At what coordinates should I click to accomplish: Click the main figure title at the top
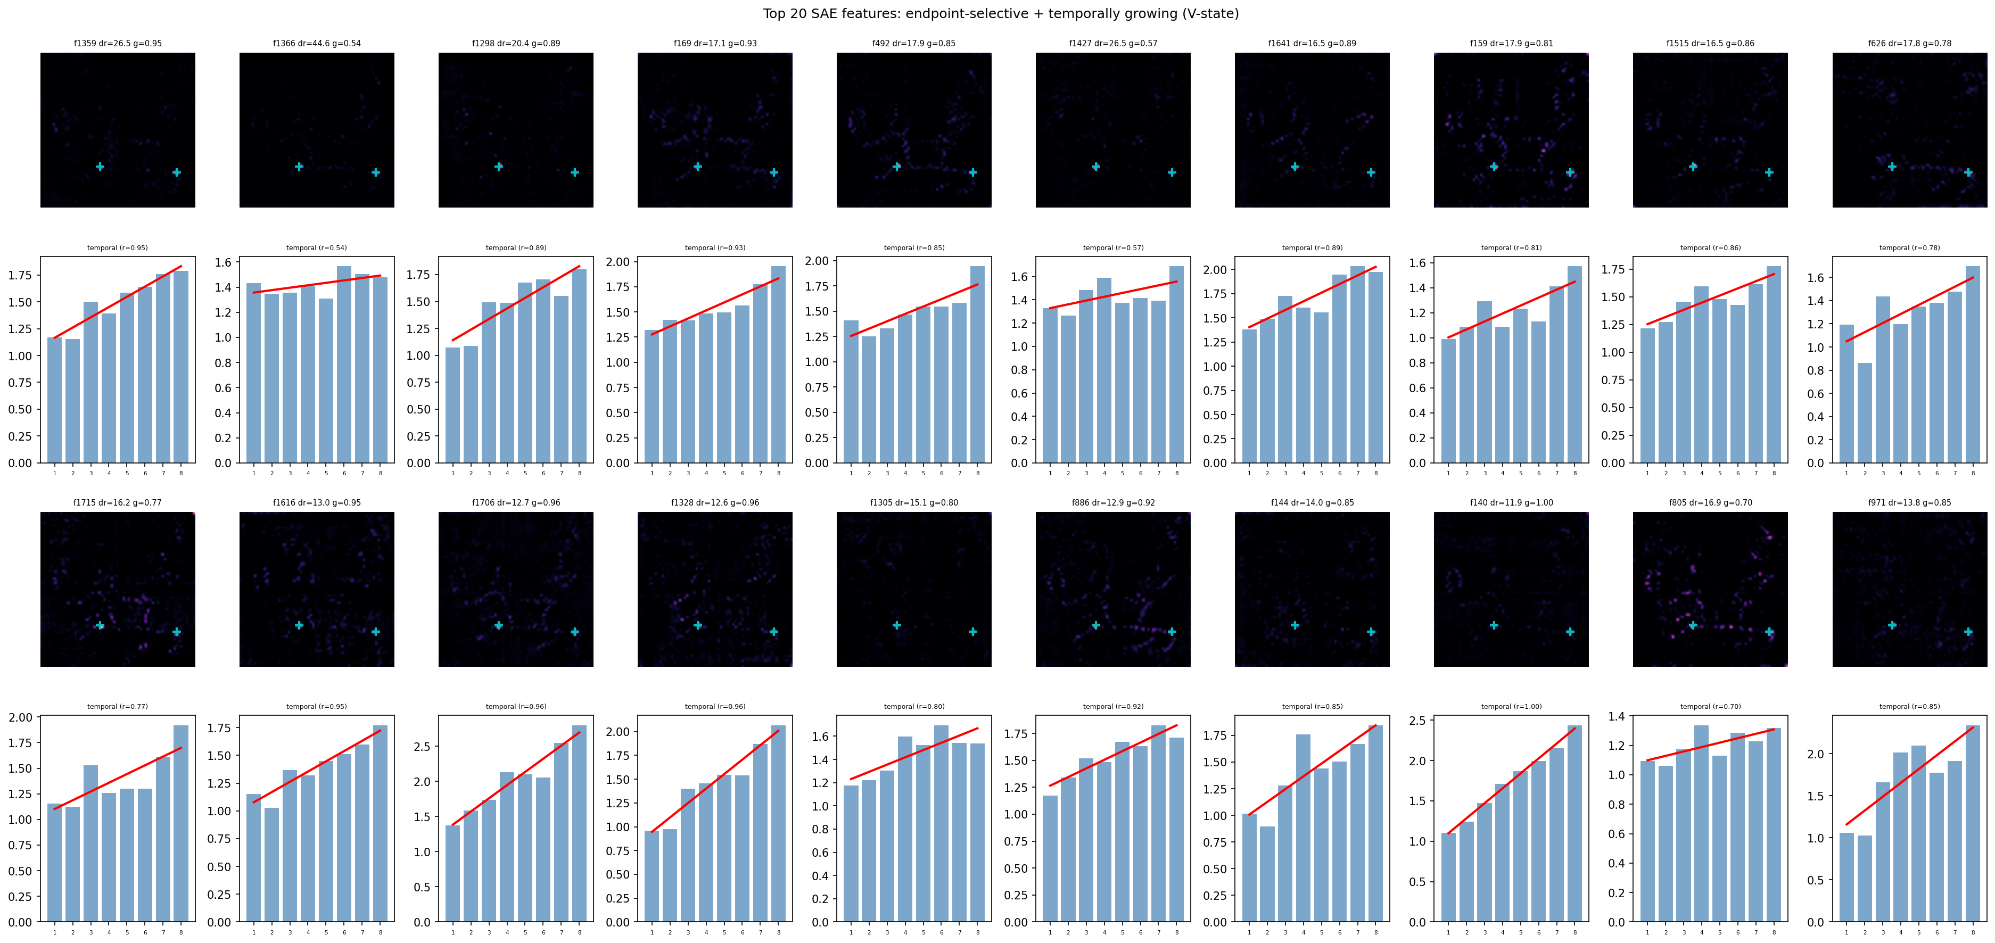click(1001, 13)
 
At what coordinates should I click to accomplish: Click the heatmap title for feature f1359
click(118, 43)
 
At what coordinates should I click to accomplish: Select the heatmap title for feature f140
click(1511, 502)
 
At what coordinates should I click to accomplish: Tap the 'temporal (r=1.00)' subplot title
click(1511, 706)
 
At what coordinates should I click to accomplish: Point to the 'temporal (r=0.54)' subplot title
click(317, 248)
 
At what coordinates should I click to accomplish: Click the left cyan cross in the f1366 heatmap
click(299, 167)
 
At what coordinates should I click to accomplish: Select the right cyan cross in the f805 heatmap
click(1769, 632)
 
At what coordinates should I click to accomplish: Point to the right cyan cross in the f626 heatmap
click(1968, 172)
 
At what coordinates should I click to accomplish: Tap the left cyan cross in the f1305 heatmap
click(896, 626)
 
